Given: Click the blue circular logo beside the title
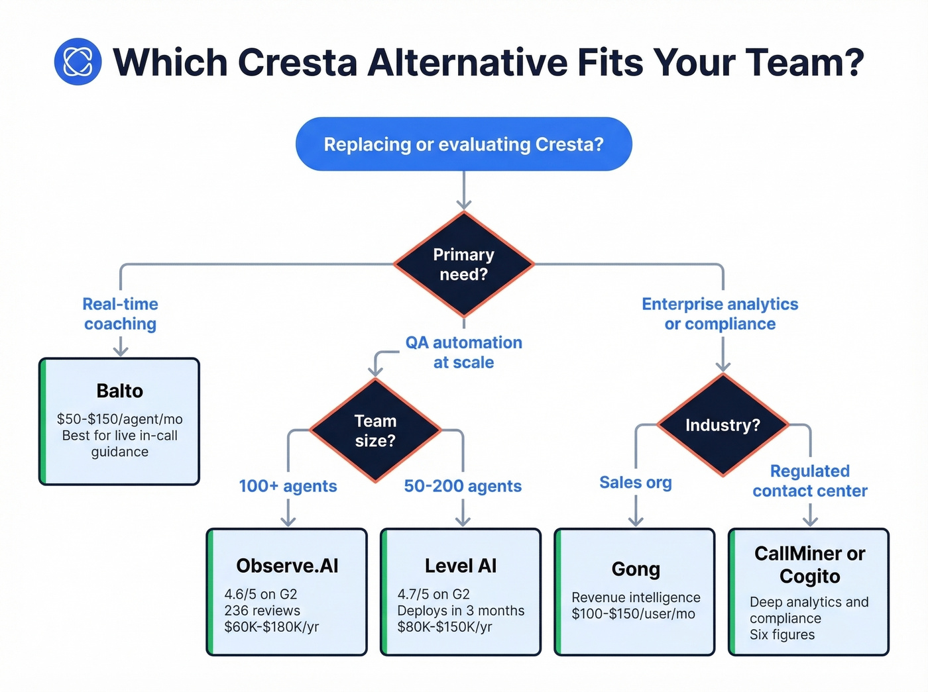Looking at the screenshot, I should [x=78, y=62].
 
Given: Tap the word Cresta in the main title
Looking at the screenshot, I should [x=297, y=62].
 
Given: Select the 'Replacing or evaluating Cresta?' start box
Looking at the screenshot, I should [x=463, y=144].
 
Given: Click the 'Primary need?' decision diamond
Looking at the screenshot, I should [x=463, y=264].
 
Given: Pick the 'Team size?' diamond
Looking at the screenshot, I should [x=375, y=430].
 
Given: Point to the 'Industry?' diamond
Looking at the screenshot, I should [x=723, y=424].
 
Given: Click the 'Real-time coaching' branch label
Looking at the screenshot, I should [x=120, y=314].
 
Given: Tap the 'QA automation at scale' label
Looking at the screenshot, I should [x=463, y=352].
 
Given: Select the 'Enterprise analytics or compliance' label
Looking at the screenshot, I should [x=720, y=314].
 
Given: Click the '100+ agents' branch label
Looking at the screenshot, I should [x=288, y=486].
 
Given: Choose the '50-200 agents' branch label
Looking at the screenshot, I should [x=463, y=486].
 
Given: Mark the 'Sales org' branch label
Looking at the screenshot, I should [x=635, y=483].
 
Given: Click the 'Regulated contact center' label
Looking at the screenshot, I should [x=809, y=481].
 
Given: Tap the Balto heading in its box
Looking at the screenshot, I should [x=119, y=391].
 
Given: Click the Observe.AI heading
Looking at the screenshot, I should [x=287, y=566].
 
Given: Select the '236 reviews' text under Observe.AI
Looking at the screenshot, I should [x=262, y=611].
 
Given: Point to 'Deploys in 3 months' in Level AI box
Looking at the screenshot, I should [x=461, y=611].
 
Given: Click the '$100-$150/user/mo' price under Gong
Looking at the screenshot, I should [x=633, y=614].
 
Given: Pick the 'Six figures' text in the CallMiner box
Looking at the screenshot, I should [x=782, y=634].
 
